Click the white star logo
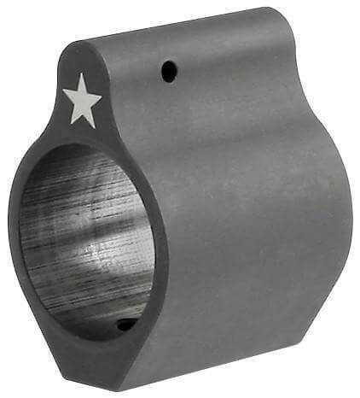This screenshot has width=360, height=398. pyautogui.click(x=83, y=101)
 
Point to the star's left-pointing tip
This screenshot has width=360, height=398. pyautogui.click(x=64, y=92)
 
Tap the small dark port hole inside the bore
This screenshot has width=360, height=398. pyautogui.click(x=126, y=325)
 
